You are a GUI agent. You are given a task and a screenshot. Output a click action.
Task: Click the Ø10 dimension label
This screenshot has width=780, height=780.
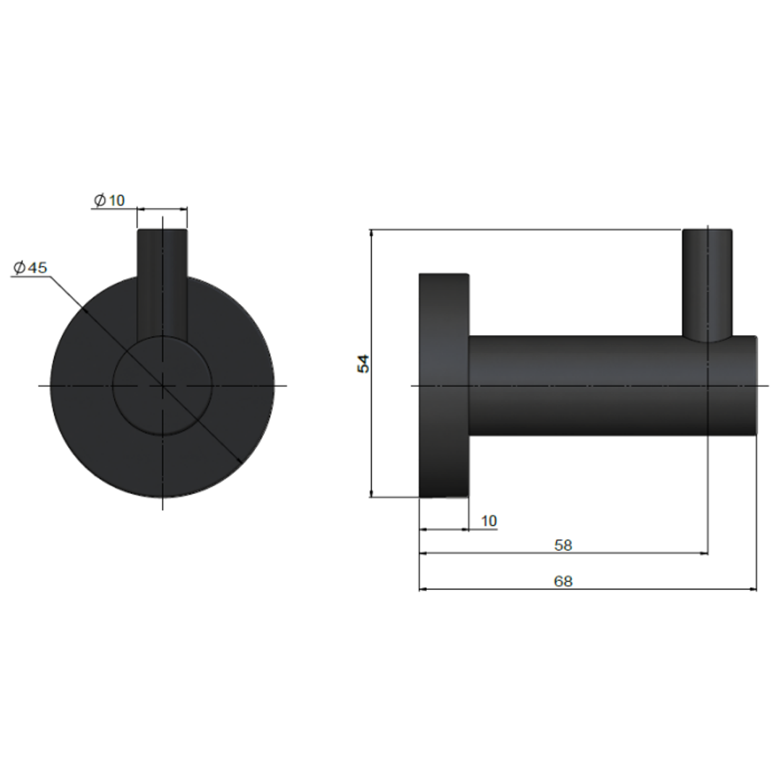[x=110, y=200]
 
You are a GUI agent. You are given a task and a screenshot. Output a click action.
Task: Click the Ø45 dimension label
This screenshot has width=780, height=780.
[x=30, y=268]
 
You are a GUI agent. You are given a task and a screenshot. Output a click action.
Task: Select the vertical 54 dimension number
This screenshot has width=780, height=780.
[x=364, y=363]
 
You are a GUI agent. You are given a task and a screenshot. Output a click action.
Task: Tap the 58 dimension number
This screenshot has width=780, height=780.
[x=563, y=545]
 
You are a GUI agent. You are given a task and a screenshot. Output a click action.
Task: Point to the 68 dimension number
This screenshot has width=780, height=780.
[x=563, y=581]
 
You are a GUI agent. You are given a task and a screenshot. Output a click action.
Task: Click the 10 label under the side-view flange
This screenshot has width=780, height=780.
[x=488, y=521]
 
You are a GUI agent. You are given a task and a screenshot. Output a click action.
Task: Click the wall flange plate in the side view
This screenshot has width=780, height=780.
[x=444, y=433]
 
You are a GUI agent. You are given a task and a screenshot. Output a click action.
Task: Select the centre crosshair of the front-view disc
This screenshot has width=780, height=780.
[x=162, y=386]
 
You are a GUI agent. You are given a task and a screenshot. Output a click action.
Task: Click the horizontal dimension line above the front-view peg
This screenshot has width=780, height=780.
[x=162, y=208]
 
